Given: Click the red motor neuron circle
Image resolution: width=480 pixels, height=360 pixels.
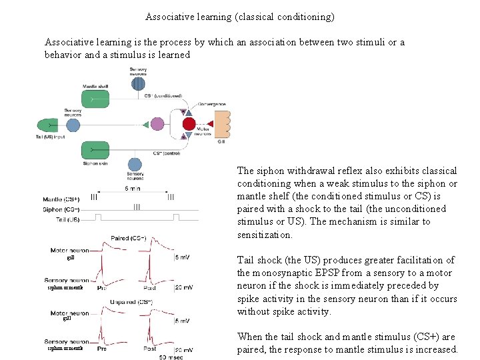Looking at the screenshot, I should click(189, 124).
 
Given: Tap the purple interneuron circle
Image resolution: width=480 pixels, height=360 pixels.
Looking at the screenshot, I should click(157, 124).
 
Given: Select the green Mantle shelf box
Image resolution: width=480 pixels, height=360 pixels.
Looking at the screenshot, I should click(95, 99).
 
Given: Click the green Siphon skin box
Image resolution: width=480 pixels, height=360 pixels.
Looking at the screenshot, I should click(95, 150).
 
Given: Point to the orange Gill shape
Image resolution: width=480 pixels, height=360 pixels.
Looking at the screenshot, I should click(221, 125).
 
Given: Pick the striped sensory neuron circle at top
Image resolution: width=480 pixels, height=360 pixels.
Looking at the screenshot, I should click(138, 83).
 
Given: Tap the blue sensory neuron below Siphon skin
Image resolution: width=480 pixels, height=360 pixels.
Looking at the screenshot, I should click(135, 164).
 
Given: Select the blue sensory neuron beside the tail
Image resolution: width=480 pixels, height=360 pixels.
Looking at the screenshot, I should click(73, 125).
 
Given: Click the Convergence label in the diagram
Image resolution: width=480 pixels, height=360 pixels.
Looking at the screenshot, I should click(212, 105).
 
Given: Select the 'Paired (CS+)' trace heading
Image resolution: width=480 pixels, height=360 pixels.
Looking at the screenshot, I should click(129, 238).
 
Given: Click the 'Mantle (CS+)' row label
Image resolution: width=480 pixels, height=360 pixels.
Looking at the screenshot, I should click(61, 199).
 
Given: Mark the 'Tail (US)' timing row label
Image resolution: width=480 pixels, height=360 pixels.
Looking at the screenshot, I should click(65, 218).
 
